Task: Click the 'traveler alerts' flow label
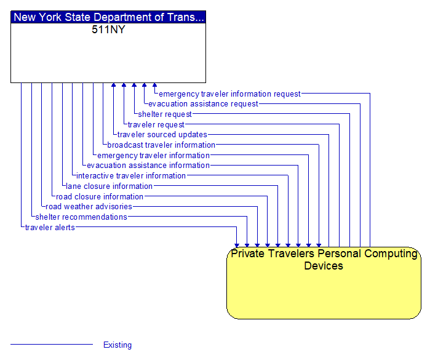click(x=50, y=228)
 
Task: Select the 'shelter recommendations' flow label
click(x=81, y=217)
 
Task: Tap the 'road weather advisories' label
click(x=89, y=207)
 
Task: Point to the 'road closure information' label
click(x=100, y=197)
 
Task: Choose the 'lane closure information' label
click(x=109, y=186)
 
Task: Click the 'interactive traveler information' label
click(x=131, y=176)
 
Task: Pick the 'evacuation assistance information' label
click(x=148, y=166)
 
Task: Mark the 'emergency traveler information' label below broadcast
click(x=153, y=156)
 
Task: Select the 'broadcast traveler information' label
click(x=161, y=145)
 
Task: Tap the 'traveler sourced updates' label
click(x=162, y=135)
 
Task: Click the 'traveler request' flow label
click(x=156, y=125)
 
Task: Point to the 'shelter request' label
click(x=165, y=114)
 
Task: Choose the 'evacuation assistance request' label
click(x=203, y=104)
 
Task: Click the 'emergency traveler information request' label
click(x=229, y=94)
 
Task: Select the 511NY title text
click(x=108, y=30)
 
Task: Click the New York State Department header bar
click(x=108, y=17)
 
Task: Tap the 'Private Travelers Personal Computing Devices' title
click(x=324, y=260)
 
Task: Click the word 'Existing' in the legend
click(x=117, y=345)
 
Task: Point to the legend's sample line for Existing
click(x=52, y=345)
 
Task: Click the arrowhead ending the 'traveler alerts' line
click(x=237, y=244)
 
